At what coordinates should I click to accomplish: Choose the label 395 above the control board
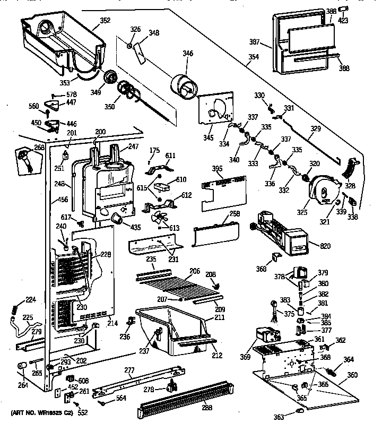point(217,168)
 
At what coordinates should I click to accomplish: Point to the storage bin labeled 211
point(170,329)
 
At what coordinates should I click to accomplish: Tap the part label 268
point(24,148)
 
